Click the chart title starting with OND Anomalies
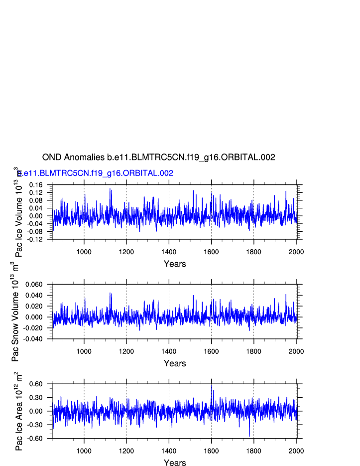158,157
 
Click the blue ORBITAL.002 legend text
95,173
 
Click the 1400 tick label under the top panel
169,251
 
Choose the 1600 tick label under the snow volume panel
211,350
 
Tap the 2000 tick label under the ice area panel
296,450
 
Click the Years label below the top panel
175,264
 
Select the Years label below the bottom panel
175,463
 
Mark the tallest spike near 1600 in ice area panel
211,385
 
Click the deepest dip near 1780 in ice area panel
249,436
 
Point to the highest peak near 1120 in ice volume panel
110,189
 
